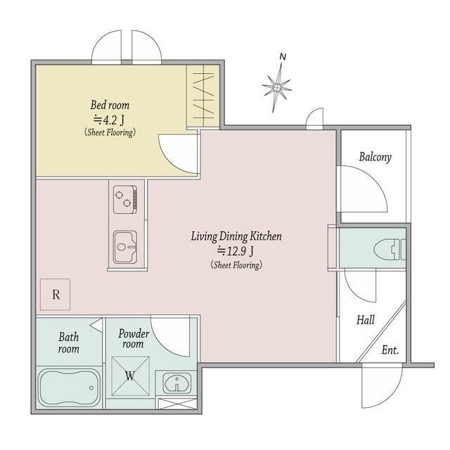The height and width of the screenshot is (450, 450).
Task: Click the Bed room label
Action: click(x=110, y=105)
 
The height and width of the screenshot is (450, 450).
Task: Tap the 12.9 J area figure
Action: click(x=236, y=252)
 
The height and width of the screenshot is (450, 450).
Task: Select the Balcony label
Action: click(x=375, y=157)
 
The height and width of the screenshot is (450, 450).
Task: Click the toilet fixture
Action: click(x=390, y=250)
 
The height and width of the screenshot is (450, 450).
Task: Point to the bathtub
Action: click(x=69, y=387)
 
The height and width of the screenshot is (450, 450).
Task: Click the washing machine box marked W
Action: click(x=130, y=376)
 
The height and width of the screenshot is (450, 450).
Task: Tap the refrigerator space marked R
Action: click(x=55, y=295)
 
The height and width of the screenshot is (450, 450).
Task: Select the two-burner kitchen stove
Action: click(x=125, y=200)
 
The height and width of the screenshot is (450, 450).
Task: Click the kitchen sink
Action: click(x=125, y=247)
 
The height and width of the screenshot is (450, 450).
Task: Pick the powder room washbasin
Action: click(x=177, y=383)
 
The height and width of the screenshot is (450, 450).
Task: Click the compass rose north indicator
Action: click(x=277, y=86)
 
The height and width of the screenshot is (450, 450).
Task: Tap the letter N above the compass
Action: click(x=283, y=57)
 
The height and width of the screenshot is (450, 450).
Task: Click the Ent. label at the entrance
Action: click(x=390, y=350)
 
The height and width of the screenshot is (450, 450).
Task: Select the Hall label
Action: click(x=366, y=320)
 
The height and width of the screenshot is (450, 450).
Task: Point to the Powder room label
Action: click(x=134, y=339)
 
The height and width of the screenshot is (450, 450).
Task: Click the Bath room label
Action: click(x=69, y=342)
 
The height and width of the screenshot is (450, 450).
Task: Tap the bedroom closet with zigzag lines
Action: click(x=203, y=96)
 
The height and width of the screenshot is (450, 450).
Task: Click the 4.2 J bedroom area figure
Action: click(x=109, y=120)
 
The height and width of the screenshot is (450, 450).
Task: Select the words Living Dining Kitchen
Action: click(x=236, y=236)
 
